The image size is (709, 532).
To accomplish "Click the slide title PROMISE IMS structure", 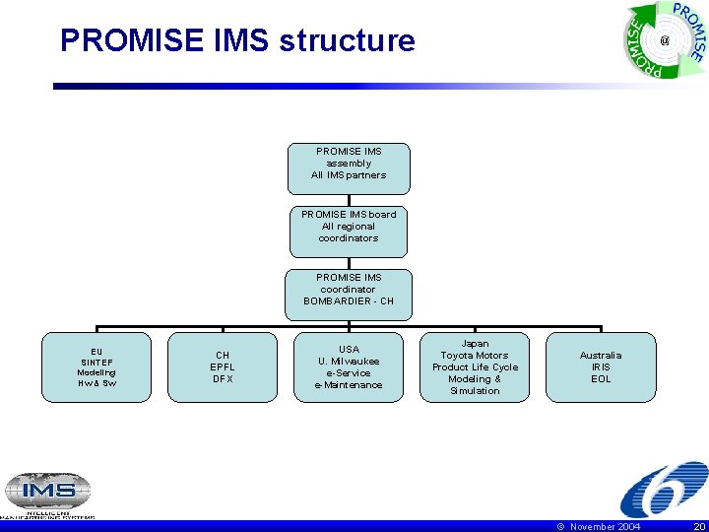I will pos(237,41).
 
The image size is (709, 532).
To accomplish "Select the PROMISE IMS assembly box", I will pos(349,168).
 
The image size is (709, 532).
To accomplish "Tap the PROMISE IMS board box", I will pos(349,231).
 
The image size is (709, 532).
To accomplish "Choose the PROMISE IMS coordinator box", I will pos(349,293).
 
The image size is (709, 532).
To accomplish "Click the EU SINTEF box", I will pos(97,366).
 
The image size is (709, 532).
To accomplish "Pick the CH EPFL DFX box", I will pos(223,366).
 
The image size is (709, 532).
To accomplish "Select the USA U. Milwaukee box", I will pos(349,366).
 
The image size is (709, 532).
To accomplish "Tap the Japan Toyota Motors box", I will pos(475,366).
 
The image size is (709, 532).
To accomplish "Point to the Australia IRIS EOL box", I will pos(601,366).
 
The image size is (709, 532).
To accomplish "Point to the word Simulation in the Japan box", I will pos(475,391).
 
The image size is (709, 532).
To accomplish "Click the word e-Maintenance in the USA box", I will pos(349,384).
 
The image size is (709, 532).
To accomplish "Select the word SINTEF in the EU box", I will pos(97,362).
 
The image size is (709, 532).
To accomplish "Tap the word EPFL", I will pos(223,366).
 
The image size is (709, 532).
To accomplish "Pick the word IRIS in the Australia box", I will pos(601,366).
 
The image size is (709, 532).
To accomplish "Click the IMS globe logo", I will pos(47,492).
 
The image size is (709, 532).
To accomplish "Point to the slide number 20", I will pos(698,527).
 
